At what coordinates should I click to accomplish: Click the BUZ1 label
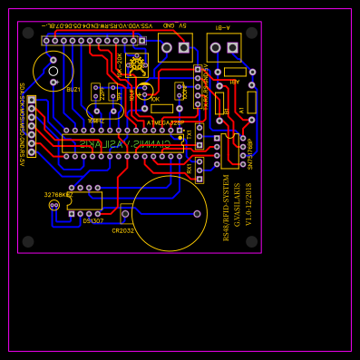73,90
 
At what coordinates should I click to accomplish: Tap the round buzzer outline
54,71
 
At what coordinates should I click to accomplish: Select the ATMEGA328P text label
165,122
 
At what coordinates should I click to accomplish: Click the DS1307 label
93,221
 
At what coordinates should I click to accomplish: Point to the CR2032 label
122,230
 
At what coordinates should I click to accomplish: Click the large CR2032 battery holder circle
169,213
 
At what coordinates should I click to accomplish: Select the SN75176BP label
250,153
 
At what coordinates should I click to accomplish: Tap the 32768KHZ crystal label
58,194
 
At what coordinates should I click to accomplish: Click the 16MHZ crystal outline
104,112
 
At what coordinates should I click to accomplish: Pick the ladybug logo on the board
137,64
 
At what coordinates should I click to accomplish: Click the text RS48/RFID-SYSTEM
227,207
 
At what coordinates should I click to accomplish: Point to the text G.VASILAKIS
238,205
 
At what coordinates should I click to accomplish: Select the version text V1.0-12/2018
248,205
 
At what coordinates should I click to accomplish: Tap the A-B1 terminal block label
222,27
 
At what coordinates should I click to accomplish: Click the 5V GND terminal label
175,26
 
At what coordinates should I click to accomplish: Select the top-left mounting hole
28,33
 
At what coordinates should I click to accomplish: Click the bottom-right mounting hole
251,242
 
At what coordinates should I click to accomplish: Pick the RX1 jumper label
190,169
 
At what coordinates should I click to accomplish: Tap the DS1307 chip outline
84,200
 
